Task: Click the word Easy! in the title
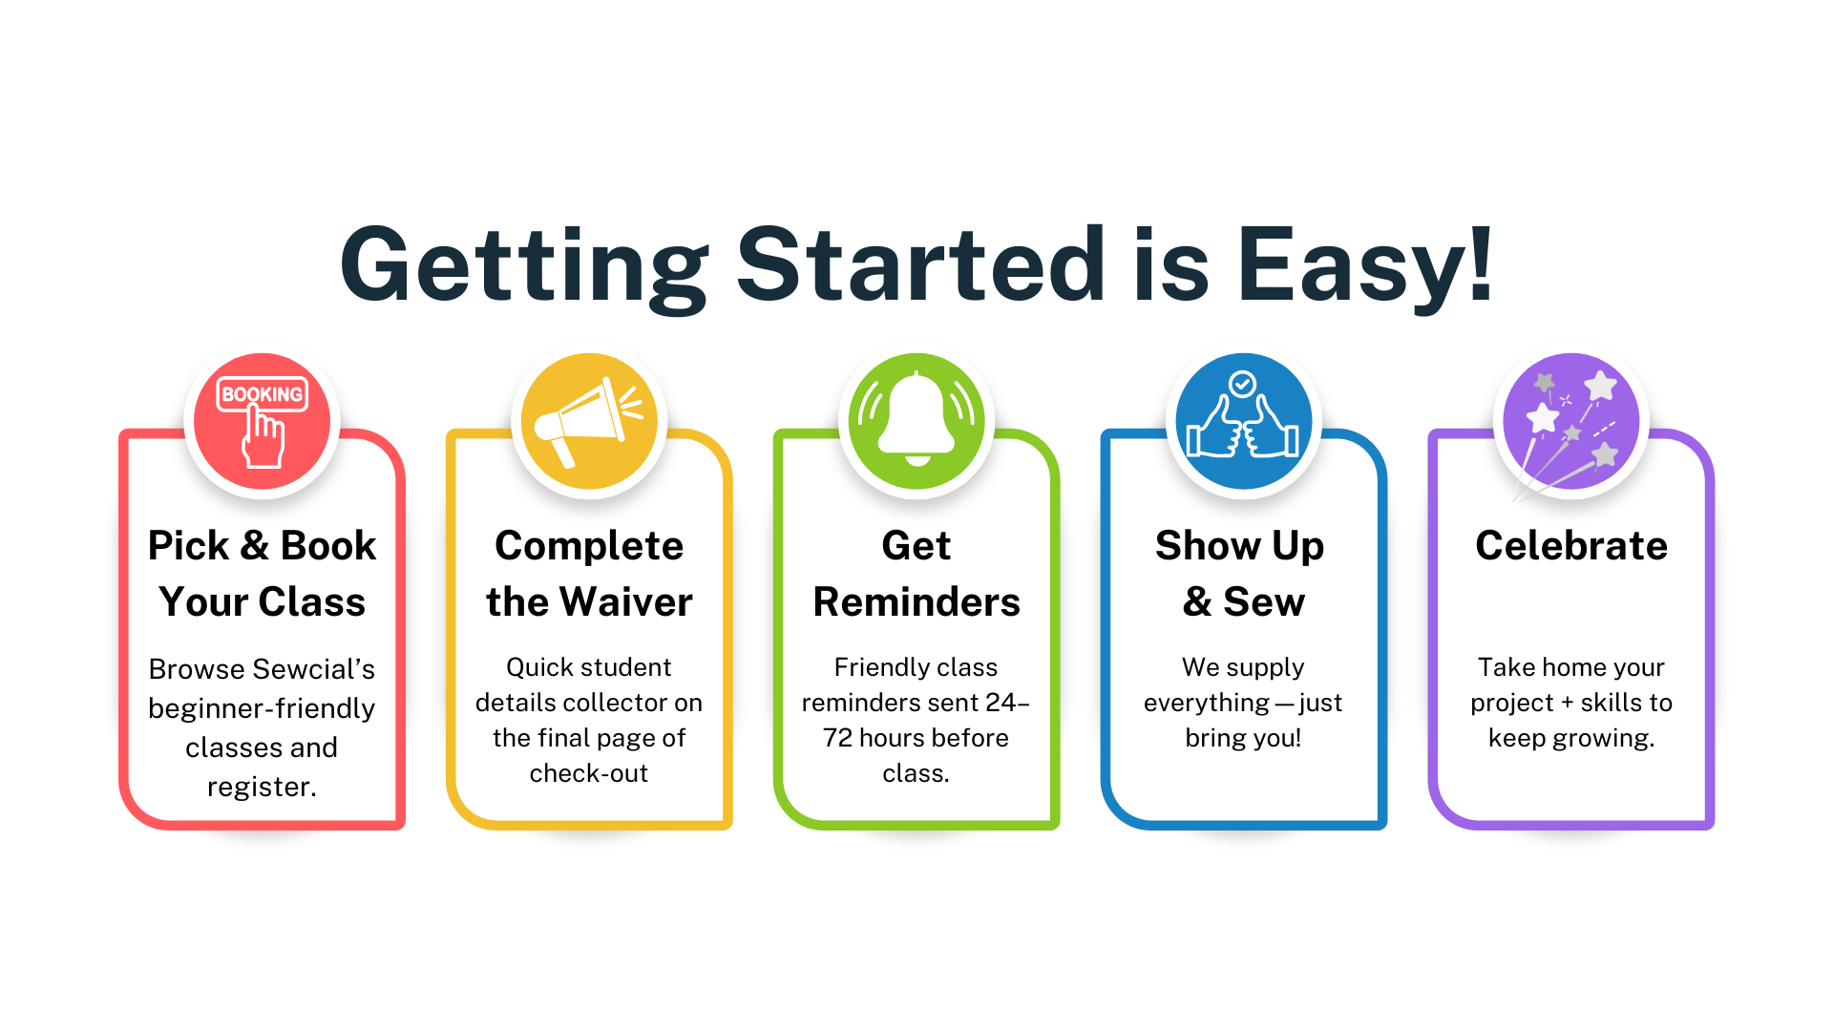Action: point(1365,264)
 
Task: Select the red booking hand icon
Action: point(263,421)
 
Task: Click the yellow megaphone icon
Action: point(589,421)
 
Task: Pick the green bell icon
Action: point(916,421)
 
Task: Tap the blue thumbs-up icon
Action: point(1243,421)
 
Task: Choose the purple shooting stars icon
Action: point(1570,421)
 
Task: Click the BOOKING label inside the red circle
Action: point(263,394)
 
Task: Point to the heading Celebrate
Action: point(1571,546)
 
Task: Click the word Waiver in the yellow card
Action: point(626,602)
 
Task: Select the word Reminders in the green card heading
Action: point(916,602)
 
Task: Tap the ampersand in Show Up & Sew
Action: point(1197,602)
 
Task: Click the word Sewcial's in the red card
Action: point(314,669)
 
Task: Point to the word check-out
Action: point(589,773)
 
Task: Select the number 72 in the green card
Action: point(837,738)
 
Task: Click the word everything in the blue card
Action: point(1207,704)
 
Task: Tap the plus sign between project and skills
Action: point(1567,704)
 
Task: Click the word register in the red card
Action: point(259,788)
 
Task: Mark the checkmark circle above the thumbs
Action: point(1242,384)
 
